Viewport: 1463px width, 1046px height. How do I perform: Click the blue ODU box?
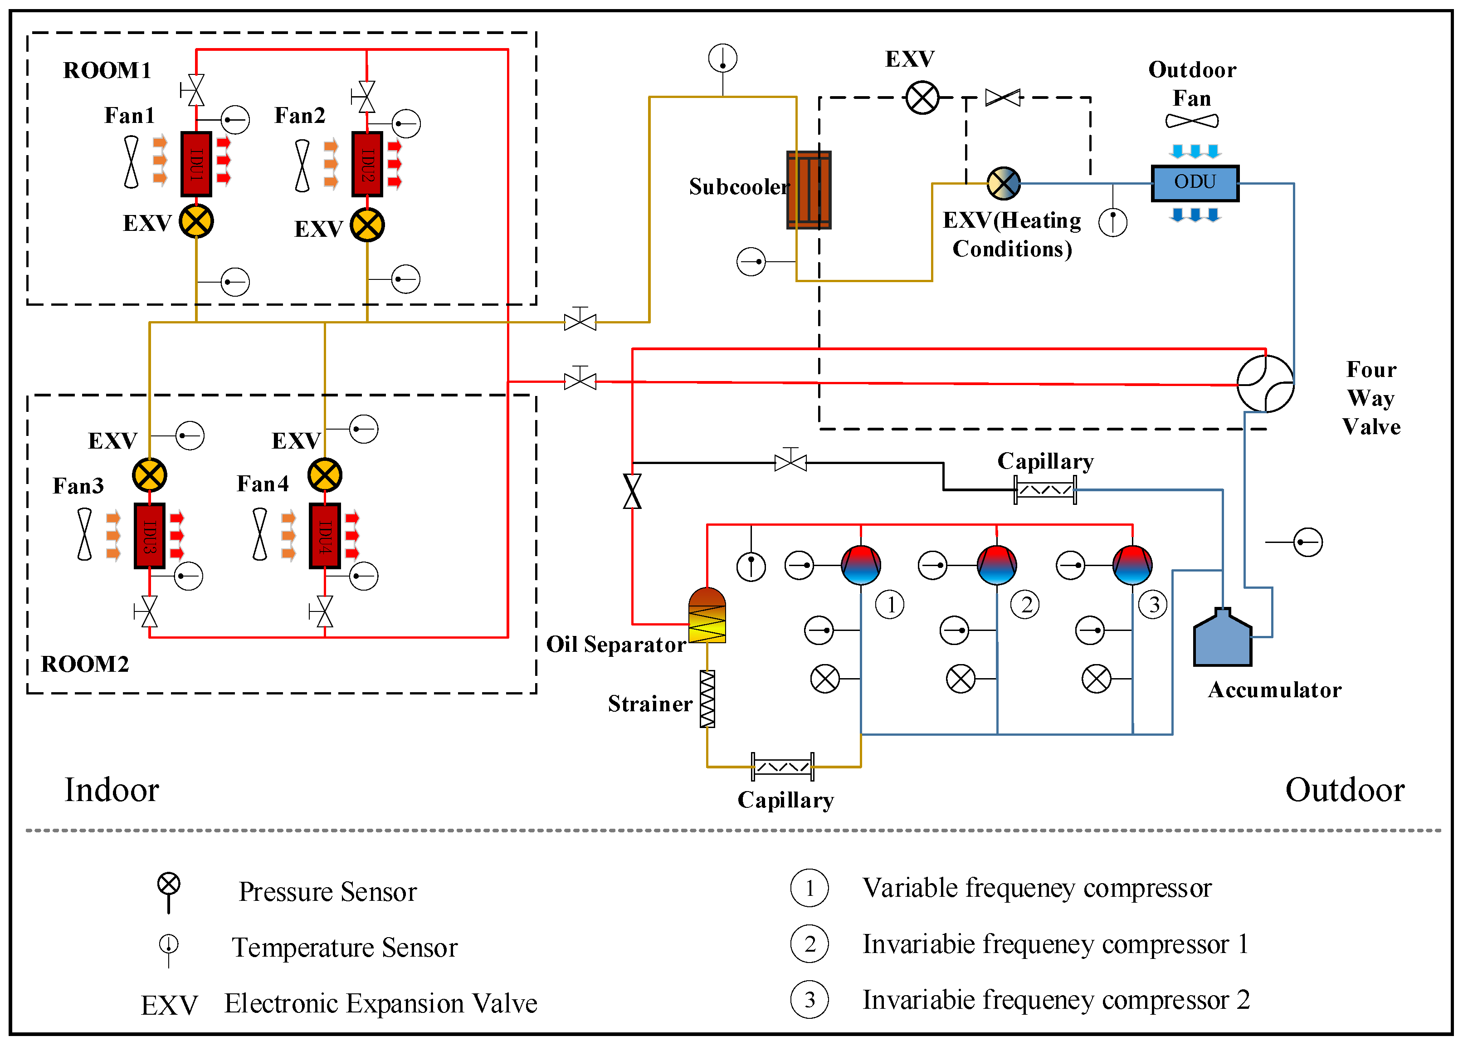coord(1195,183)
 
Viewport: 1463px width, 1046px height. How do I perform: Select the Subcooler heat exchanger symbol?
coord(809,190)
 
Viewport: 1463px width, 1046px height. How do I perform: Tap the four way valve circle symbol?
coord(1265,384)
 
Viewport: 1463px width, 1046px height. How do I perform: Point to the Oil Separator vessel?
coord(707,616)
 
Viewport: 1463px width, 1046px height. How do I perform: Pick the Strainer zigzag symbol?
coord(707,699)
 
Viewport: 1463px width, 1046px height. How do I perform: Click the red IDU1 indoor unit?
coord(196,164)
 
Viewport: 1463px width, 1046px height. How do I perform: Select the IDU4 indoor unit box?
coord(325,536)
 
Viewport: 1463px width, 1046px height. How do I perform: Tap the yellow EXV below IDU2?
coord(367,225)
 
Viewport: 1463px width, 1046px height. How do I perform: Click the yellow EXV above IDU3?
coord(149,475)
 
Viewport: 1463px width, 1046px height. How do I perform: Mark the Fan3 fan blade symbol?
coord(84,534)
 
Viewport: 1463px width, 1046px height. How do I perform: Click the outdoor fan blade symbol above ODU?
coord(1192,121)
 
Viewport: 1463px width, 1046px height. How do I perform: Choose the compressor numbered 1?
coord(861,565)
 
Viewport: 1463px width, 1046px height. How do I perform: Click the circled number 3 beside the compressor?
coord(1153,605)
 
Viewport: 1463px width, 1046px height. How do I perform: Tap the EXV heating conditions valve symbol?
coord(1003,184)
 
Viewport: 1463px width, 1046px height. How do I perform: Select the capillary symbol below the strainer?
coord(782,767)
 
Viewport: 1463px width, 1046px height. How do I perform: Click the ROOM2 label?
coord(85,664)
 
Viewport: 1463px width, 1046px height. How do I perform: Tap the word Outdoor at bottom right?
coord(1345,790)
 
